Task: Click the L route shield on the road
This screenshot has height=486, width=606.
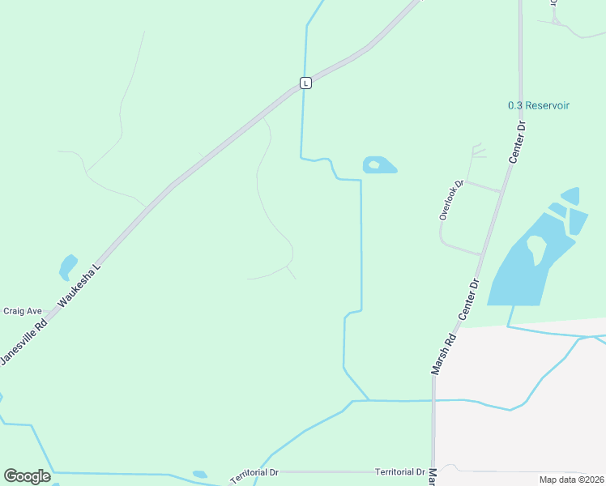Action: pos(305,83)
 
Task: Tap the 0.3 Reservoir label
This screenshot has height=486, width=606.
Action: pos(538,105)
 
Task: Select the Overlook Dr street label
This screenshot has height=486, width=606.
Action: pos(450,199)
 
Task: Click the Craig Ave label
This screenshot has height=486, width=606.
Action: pos(23,311)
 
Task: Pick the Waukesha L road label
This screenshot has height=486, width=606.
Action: pos(79,288)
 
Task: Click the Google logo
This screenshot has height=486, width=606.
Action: pos(27,475)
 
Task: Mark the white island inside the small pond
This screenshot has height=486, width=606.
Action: pos(373,165)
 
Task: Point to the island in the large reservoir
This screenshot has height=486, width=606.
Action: pos(536,247)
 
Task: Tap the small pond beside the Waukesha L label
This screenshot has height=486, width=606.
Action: pos(67,266)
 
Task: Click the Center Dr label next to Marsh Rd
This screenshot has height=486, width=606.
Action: pos(470,297)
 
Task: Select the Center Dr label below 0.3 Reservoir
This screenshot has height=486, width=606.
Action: pos(517,143)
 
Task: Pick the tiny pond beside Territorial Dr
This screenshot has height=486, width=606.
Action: pos(199,475)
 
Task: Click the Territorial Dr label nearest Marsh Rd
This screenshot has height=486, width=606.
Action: pos(400,471)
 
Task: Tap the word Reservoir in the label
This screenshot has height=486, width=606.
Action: pos(548,105)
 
